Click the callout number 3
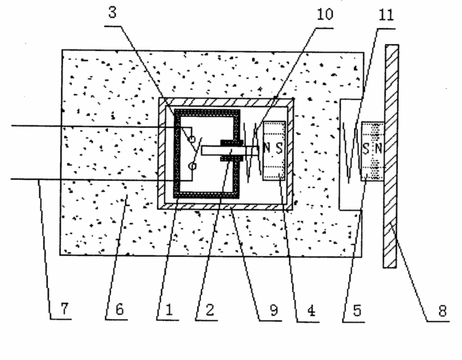point(112,13)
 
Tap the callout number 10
point(325,14)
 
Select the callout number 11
point(386,15)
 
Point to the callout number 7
point(65,308)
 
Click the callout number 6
point(119,310)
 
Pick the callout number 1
point(169,310)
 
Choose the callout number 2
point(210,310)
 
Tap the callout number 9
point(274,310)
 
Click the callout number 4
point(311,310)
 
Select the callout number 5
point(357,310)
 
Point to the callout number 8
point(442,311)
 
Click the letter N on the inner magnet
point(267,148)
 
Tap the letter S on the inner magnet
point(279,148)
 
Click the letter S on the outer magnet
point(366,149)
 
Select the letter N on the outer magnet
point(378,149)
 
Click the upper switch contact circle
point(192,139)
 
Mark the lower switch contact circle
point(192,166)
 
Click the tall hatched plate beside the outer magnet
point(391,156)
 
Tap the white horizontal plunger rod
point(231,150)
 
